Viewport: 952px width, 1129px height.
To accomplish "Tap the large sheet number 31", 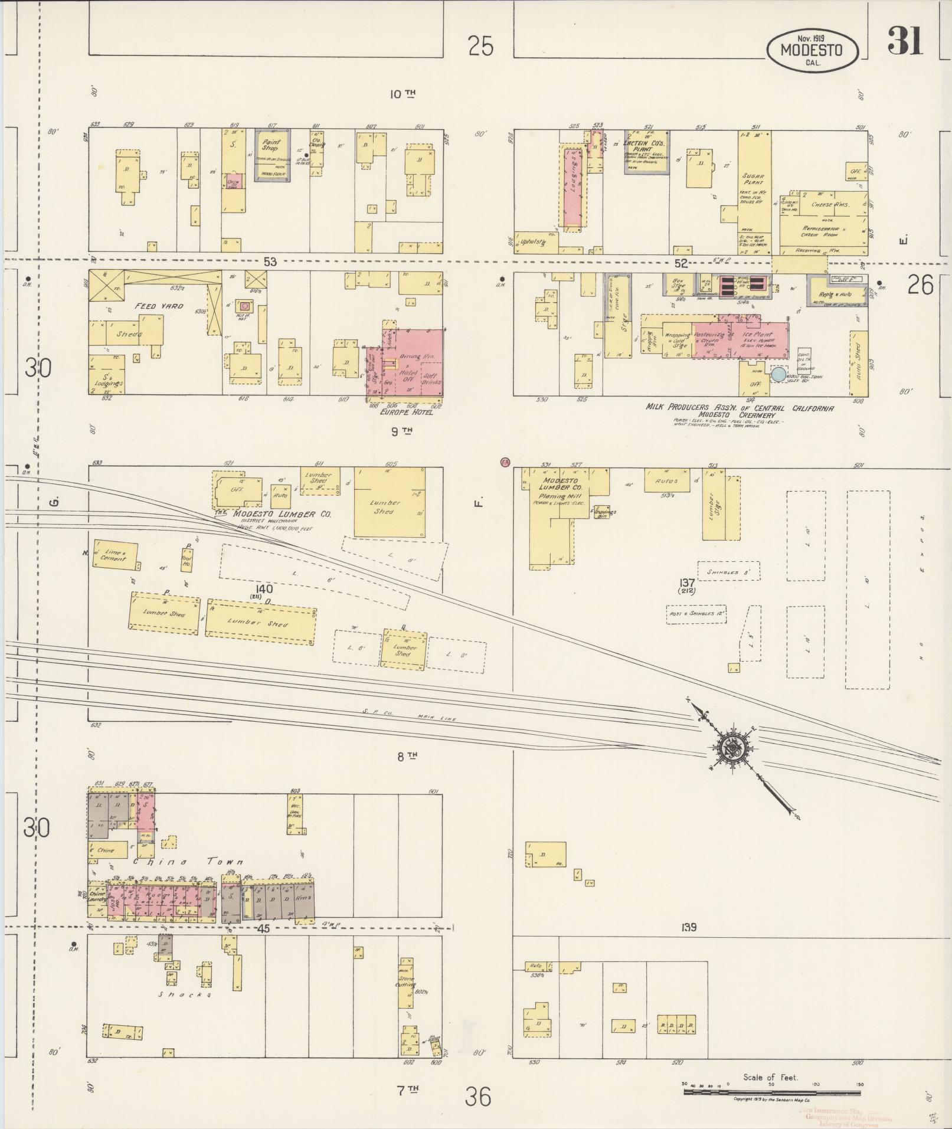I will coord(904,41).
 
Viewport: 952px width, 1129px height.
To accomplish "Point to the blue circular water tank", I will coord(778,374).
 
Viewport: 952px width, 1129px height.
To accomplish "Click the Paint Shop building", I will coord(272,155).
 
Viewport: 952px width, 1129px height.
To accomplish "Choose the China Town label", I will coord(188,863).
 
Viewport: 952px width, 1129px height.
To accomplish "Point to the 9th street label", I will coord(401,431).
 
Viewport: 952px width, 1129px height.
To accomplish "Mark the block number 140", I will coord(264,588).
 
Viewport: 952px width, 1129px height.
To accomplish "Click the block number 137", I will coord(687,583).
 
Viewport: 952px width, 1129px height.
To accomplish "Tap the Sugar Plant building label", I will coord(754,180).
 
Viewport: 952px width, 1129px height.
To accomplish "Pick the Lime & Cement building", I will coord(115,555).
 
